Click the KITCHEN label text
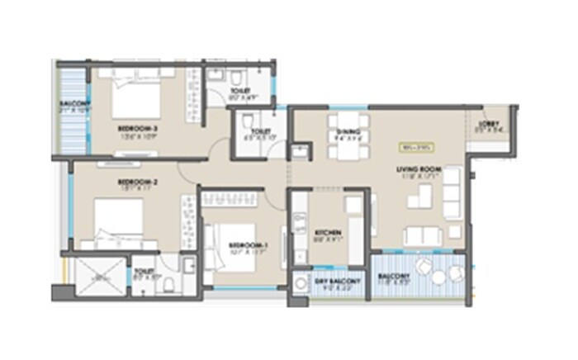[328, 234]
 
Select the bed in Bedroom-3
[135, 102]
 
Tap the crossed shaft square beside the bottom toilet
[99, 280]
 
